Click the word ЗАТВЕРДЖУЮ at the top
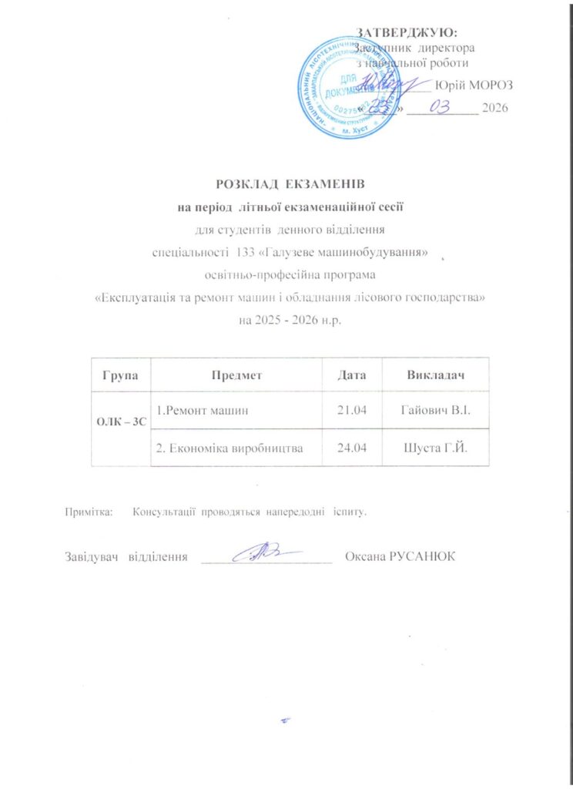coord(407,32)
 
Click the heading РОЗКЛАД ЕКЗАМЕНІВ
coord(288,185)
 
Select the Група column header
coord(119,375)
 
